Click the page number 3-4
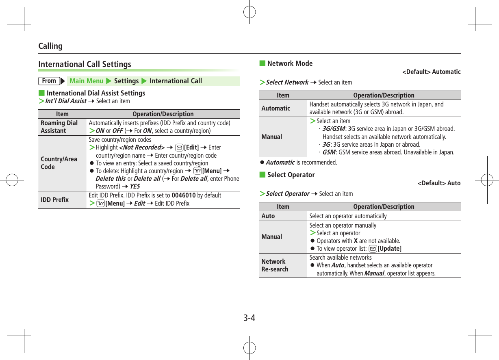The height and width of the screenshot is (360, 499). pos(249,317)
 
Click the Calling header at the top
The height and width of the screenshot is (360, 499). pos(50,46)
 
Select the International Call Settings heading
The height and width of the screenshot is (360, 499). pos(85,64)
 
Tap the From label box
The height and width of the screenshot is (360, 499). pos(49,81)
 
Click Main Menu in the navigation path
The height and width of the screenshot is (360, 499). pos(86,81)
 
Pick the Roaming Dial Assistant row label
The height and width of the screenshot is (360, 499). pos(59,127)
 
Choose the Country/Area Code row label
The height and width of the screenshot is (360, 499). pos(59,163)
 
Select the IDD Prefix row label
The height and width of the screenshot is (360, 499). pos(54,200)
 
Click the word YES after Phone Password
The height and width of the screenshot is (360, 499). pos(135,187)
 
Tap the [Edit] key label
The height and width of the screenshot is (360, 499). pos(191,147)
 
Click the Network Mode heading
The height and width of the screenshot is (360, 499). pos(290,63)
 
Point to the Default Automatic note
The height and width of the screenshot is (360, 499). pos(431,72)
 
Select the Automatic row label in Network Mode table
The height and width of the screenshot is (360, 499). pos(276,108)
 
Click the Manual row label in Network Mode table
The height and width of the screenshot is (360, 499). pos(271,137)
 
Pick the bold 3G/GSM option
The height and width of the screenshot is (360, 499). pos(332,129)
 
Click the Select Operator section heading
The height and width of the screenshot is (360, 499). pos(291,175)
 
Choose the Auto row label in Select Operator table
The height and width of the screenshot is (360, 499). pos(268,216)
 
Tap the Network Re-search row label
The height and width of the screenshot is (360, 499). pos(275,265)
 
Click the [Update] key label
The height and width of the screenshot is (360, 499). pos(389,249)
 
